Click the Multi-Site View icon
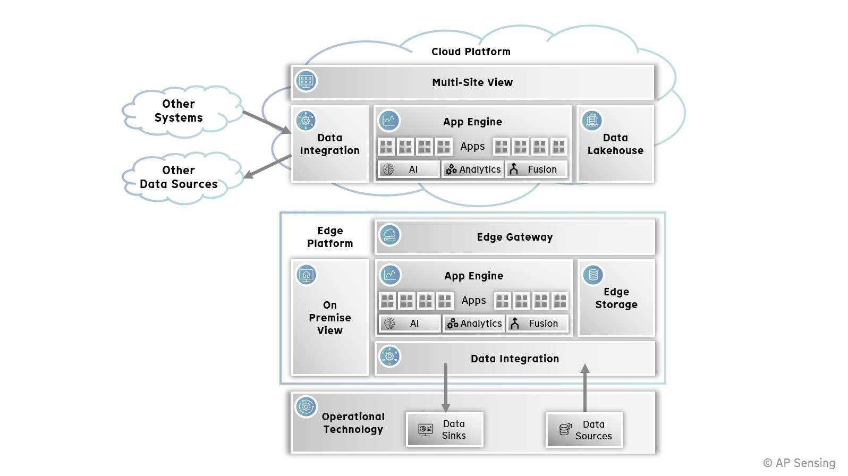(x=306, y=81)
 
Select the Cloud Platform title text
(x=471, y=52)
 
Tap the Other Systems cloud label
(x=179, y=111)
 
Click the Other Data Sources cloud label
(x=179, y=177)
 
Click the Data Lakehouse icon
(x=591, y=121)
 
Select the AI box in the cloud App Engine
(x=408, y=169)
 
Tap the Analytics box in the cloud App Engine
(x=473, y=169)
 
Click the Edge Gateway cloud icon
(x=389, y=235)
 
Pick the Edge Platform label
(x=330, y=237)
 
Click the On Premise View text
(x=330, y=318)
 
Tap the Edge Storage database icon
(x=593, y=275)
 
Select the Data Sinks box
(x=445, y=430)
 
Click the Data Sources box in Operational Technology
(x=584, y=430)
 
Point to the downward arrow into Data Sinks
(x=446, y=388)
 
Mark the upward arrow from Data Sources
(x=585, y=388)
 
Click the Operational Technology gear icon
(x=306, y=407)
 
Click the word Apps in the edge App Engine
(x=473, y=301)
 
